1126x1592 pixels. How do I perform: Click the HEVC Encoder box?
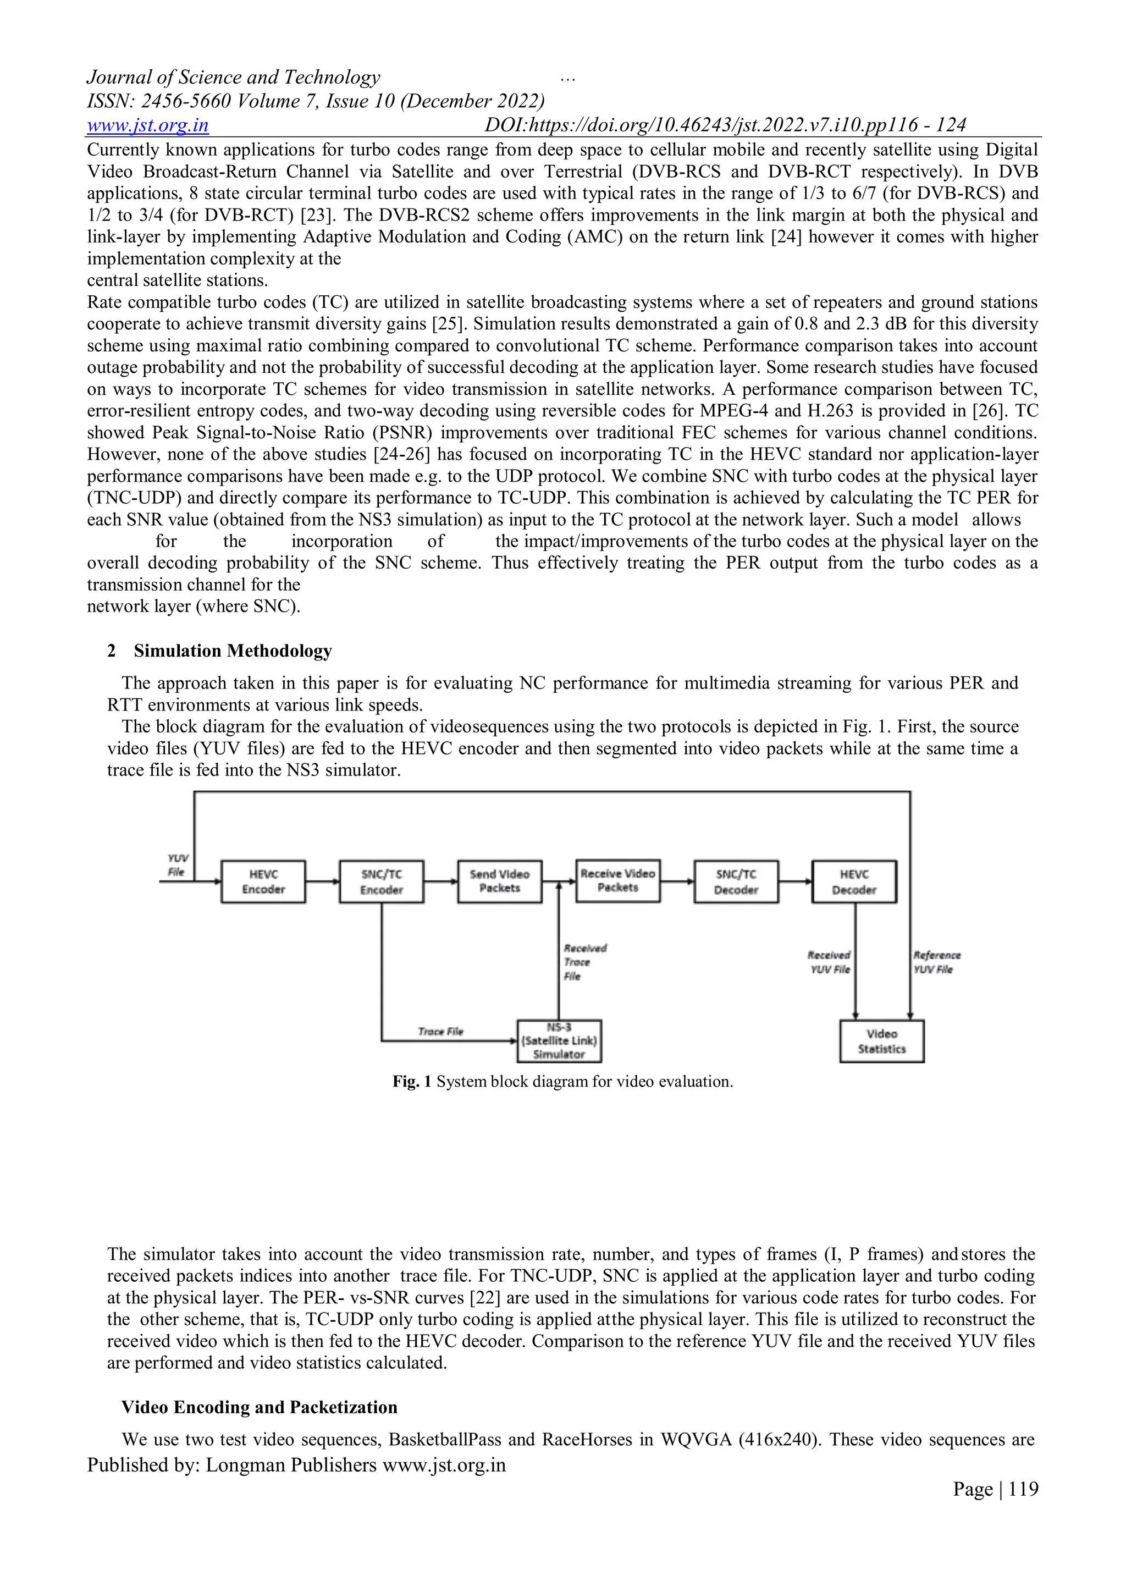tap(263, 882)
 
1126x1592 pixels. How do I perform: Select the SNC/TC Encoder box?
tap(382, 882)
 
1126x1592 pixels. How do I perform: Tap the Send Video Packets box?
tap(499, 882)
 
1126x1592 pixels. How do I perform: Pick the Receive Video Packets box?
tap(617, 880)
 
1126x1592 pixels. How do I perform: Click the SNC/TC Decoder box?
tap(736, 882)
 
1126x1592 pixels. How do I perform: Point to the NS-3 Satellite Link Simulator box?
tap(559, 1041)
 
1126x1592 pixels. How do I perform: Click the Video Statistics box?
tap(881, 1042)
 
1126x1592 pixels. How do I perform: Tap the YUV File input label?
tap(178, 866)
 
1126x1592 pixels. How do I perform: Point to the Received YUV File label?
tap(829, 962)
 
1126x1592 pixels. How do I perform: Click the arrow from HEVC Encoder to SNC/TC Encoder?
tap(322, 882)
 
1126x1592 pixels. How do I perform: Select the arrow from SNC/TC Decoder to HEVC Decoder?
tap(795, 882)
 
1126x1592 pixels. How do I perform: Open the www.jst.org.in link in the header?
tap(148, 125)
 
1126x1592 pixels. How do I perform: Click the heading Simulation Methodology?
tap(233, 651)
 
